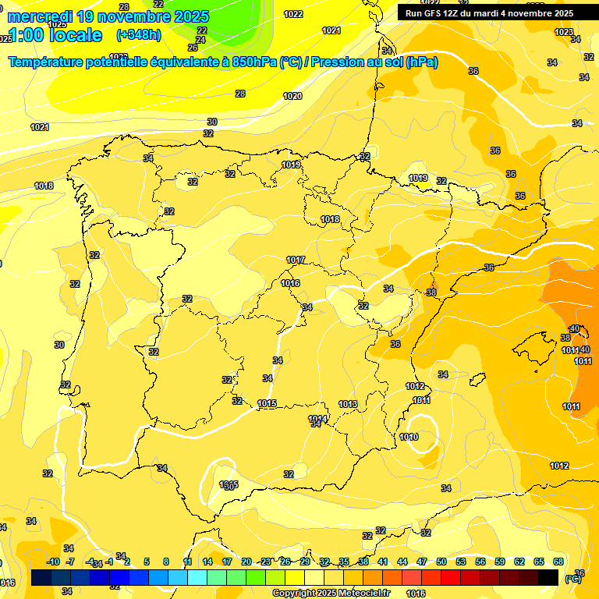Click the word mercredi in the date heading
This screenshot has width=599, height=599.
[x=41, y=16]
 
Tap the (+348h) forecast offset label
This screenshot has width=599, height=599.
[x=139, y=35]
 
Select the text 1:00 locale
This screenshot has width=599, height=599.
[x=55, y=35]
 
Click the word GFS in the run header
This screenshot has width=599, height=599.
[x=435, y=13]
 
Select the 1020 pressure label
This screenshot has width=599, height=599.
[x=292, y=96]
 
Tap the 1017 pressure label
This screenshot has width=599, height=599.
[x=296, y=260]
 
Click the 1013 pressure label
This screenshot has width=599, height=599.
[x=348, y=404]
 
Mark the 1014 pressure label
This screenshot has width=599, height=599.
[x=317, y=419]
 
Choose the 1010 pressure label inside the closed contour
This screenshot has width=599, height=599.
[x=409, y=437]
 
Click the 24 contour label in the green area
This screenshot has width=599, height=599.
[x=201, y=40]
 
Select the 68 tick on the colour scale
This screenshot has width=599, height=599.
[x=558, y=562]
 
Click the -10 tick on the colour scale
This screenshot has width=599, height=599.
[x=53, y=562]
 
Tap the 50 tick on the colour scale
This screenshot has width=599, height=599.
[x=441, y=562]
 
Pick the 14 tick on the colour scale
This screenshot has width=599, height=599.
[x=207, y=562]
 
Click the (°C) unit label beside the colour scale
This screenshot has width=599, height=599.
[x=572, y=580]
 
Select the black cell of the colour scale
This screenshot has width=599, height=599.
[x=548, y=578]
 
